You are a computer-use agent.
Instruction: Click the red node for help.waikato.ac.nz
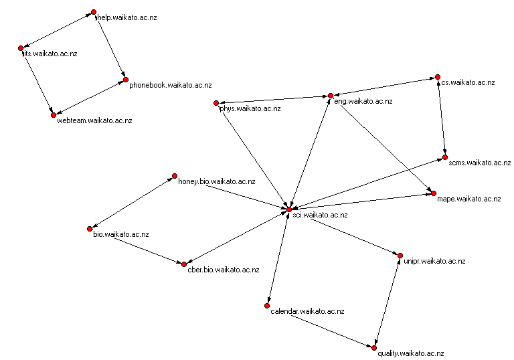point(94,12)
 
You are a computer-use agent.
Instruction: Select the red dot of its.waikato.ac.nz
point(21,48)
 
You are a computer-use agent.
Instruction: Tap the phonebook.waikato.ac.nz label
point(170,85)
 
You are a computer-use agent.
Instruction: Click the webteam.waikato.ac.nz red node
point(53,115)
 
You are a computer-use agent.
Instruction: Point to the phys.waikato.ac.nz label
point(250,108)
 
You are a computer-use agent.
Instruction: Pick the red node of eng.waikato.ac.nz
point(330,96)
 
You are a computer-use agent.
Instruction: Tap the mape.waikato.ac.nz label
point(468,199)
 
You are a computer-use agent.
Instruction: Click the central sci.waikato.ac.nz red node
point(288,210)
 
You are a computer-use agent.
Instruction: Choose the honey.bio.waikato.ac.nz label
point(216,181)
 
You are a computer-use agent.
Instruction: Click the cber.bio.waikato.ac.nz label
point(223,270)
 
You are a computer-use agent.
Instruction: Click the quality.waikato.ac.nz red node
point(375,347)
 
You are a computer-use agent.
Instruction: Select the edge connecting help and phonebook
point(110,46)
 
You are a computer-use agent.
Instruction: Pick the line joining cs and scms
point(440,116)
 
